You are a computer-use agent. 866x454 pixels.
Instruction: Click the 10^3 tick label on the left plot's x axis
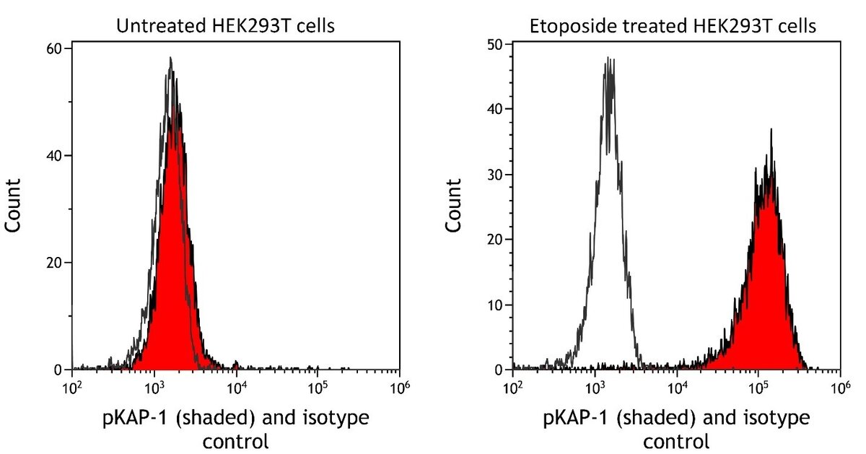tap(154, 384)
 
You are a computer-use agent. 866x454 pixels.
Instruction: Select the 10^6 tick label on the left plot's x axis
tap(399, 384)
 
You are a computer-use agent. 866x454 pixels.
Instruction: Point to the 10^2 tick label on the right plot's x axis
tap(512, 384)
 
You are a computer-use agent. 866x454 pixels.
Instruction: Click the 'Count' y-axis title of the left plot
tap(14, 209)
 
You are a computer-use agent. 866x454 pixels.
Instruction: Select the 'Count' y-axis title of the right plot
tap(453, 209)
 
